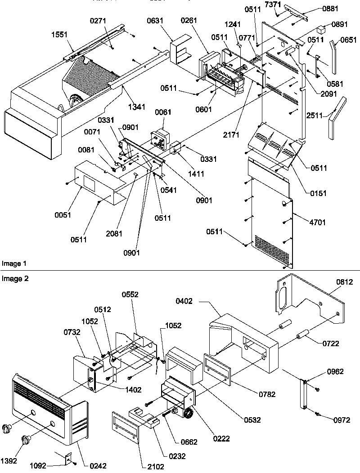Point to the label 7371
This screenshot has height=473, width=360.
[283, 4]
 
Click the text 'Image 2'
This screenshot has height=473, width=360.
[14, 279]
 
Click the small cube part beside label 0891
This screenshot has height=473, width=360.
[321, 30]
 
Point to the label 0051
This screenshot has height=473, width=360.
[63, 215]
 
